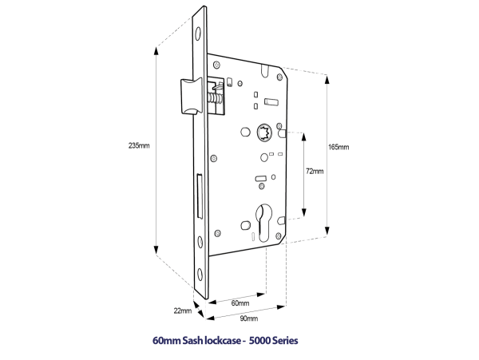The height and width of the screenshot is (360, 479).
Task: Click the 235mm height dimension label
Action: coord(138,145)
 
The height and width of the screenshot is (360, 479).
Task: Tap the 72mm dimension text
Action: coord(315,171)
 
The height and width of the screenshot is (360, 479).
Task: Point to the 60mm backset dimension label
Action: coord(239,303)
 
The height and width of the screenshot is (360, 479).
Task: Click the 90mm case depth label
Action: coord(247,318)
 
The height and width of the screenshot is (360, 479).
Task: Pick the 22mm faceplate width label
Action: coord(182,311)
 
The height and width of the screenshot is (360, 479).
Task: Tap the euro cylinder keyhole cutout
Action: coord(266,221)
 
